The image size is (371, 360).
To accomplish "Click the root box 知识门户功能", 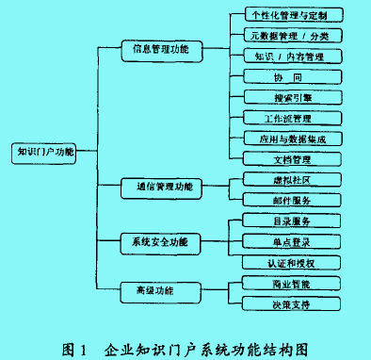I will pos(43,151).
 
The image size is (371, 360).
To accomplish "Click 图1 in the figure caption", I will pos(76,346).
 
